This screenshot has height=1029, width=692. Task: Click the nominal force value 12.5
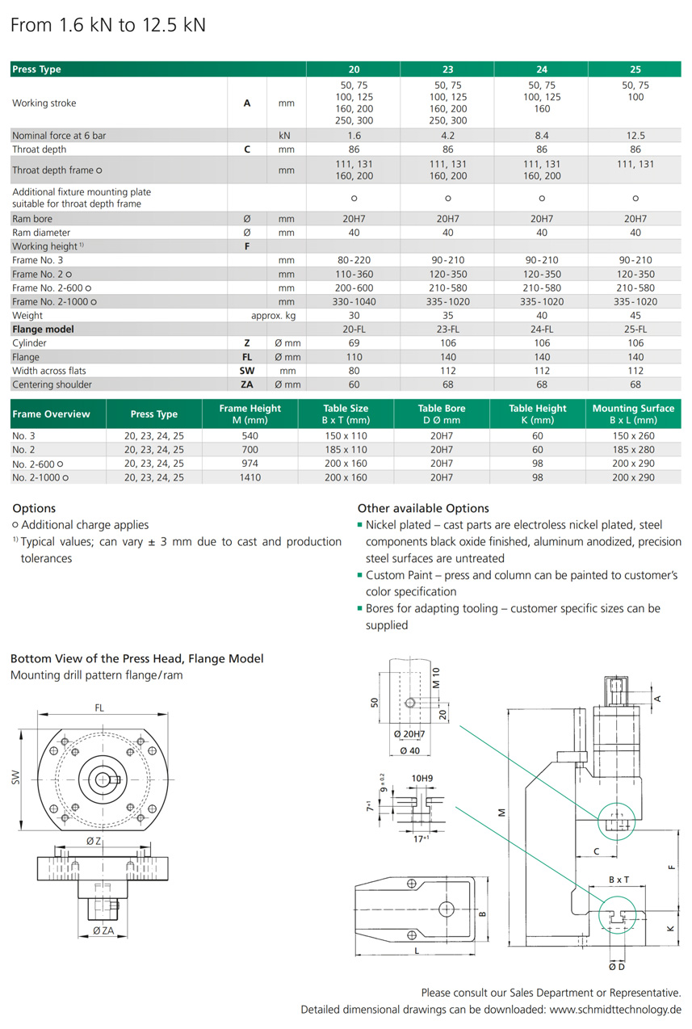click(x=635, y=136)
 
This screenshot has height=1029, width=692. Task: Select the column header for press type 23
click(x=447, y=69)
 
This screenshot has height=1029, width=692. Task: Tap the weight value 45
click(x=635, y=315)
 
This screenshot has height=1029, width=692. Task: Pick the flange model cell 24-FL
click(x=541, y=329)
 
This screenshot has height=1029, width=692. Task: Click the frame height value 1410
click(x=250, y=477)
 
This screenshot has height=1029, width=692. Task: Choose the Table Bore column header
click(x=442, y=414)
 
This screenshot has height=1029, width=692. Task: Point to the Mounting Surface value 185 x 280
click(x=634, y=449)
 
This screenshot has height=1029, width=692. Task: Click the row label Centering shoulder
click(x=52, y=384)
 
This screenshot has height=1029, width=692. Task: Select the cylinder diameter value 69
click(x=354, y=343)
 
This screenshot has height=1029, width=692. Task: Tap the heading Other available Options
click(x=423, y=509)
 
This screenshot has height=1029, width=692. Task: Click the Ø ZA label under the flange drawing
click(x=103, y=930)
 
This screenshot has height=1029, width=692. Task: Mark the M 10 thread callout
click(x=435, y=676)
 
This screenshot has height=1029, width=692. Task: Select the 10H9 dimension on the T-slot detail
click(x=422, y=779)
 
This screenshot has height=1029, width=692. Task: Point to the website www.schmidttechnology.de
click(x=615, y=1010)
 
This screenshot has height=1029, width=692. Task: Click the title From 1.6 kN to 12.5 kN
click(x=108, y=25)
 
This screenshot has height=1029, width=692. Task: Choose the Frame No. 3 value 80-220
click(x=354, y=260)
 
